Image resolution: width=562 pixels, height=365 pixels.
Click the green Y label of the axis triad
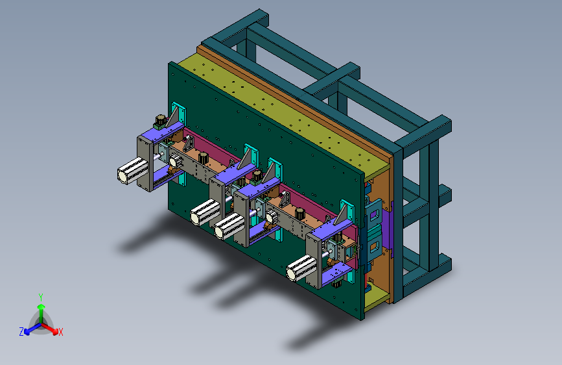click(x=41, y=297)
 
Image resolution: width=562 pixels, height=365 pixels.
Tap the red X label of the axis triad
click(x=60, y=332)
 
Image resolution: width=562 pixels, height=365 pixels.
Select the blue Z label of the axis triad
click(x=21, y=332)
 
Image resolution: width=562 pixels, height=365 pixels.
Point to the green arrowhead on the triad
click(x=41, y=307)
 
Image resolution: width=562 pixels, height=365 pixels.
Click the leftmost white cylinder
click(x=133, y=171)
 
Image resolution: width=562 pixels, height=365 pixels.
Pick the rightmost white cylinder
click(x=301, y=268)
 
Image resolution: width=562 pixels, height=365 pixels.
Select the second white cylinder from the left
click(x=205, y=212)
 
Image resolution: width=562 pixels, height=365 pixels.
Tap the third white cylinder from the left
click(x=229, y=226)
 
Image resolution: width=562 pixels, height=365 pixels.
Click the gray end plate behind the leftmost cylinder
click(x=145, y=164)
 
